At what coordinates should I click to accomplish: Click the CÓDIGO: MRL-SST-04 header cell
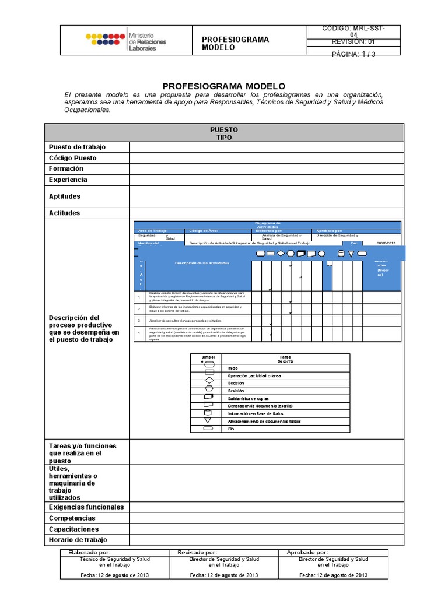click(x=353, y=31)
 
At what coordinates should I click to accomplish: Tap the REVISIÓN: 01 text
click(x=353, y=42)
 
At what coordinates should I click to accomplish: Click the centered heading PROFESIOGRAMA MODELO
click(x=223, y=85)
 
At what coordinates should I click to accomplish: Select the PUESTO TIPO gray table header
click(x=223, y=133)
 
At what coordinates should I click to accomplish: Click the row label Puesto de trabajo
click(x=77, y=147)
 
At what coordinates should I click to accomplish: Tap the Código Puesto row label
click(x=73, y=158)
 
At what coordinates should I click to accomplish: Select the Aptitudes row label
click(x=65, y=196)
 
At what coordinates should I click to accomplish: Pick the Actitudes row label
click(x=65, y=213)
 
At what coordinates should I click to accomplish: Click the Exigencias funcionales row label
click(x=86, y=507)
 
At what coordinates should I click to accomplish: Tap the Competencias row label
click(x=72, y=518)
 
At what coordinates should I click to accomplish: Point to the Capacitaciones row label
click(x=74, y=529)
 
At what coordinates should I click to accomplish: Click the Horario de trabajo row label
click(x=78, y=540)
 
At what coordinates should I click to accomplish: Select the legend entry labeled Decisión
click(x=236, y=383)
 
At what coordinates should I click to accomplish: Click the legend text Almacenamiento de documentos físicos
click(x=264, y=420)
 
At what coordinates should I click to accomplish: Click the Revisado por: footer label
click(x=197, y=552)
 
